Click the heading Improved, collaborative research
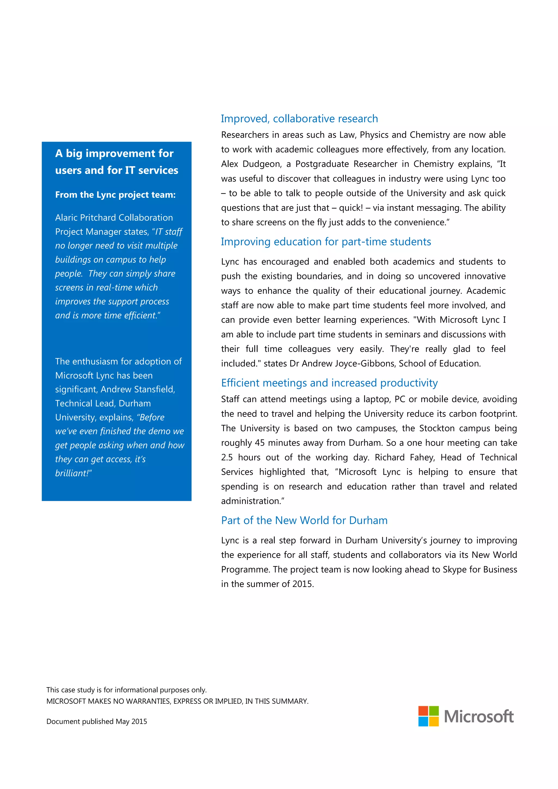tap(299, 118)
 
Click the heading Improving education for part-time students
tap(326, 241)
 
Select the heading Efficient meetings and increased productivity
tap(329, 383)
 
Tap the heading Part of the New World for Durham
tap(304, 520)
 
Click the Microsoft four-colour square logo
tap(428, 716)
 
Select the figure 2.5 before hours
tap(227, 457)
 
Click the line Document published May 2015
tap(97, 721)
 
